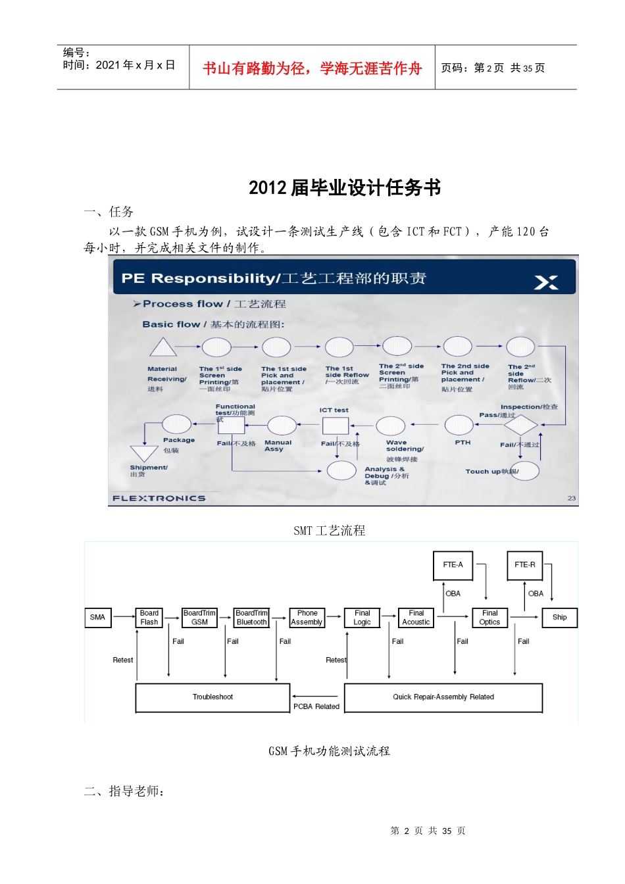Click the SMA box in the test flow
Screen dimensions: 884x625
coord(98,618)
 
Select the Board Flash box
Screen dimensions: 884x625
coord(149,618)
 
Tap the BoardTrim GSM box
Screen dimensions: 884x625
coord(199,618)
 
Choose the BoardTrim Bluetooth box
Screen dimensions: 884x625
coord(251,618)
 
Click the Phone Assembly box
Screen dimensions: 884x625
coord(307,618)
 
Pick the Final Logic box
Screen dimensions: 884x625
coord(362,618)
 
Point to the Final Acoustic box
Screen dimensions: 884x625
coord(416,618)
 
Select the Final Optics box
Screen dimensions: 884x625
coord(490,618)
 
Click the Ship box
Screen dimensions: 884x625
coord(560,618)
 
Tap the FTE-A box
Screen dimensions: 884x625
coord(453,565)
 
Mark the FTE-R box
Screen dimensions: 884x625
coord(525,565)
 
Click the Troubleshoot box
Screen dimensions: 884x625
coord(213,697)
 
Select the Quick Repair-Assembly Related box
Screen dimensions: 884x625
coord(443,697)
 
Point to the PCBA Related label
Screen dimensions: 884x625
coord(316,707)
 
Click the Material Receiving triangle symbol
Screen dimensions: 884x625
coord(162,348)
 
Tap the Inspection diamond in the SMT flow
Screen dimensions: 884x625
coord(521,426)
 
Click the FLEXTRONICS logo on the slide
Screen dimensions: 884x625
coord(159,499)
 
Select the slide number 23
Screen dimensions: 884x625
coord(572,499)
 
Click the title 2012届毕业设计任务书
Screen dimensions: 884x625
coord(345,188)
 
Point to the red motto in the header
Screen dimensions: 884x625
coord(312,68)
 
